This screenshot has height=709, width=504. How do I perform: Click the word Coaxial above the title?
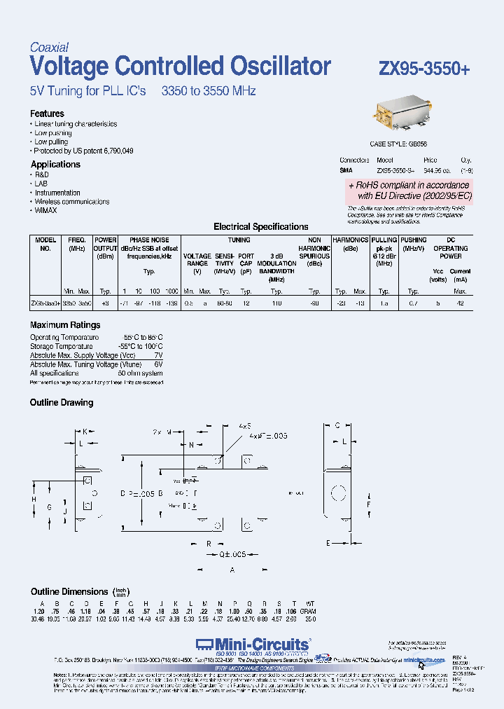point(49,48)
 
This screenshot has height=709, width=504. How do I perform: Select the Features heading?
point(47,113)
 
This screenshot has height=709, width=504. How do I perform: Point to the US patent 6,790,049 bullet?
point(84,151)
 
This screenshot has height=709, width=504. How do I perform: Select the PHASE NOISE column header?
point(149,240)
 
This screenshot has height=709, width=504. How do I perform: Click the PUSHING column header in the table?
point(414,240)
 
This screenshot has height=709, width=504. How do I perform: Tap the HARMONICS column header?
point(350,240)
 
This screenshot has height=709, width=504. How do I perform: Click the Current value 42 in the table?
point(460,304)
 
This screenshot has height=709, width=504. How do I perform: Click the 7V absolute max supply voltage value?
point(158,355)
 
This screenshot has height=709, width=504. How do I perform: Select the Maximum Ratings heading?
point(65,325)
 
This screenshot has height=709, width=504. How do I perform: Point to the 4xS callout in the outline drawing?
point(244,426)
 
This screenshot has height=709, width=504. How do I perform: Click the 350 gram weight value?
point(311,619)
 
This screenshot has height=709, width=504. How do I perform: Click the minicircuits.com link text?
point(423,660)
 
